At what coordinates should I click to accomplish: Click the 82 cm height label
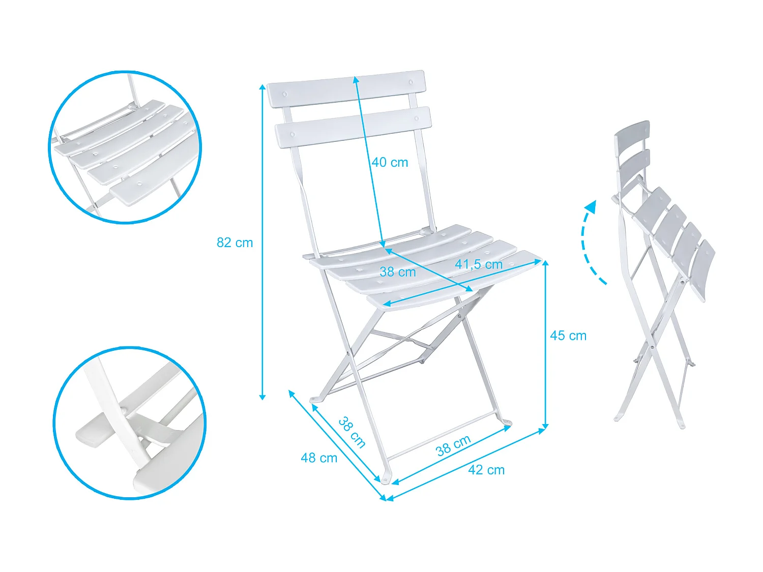[234, 243]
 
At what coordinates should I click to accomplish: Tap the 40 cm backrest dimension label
[390, 162]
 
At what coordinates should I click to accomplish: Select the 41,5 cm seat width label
[479, 264]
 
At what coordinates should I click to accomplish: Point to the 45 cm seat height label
[568, 336]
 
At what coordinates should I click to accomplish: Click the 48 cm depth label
[319, 458]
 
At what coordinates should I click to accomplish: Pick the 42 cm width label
[486, 470]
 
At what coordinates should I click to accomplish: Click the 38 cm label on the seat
[398, 272]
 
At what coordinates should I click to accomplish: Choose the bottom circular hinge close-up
[130, 423]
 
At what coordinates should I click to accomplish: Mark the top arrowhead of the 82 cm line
[262, 86]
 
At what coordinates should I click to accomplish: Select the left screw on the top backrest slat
[284, 95]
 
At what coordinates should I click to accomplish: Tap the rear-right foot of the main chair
[507, 423]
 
